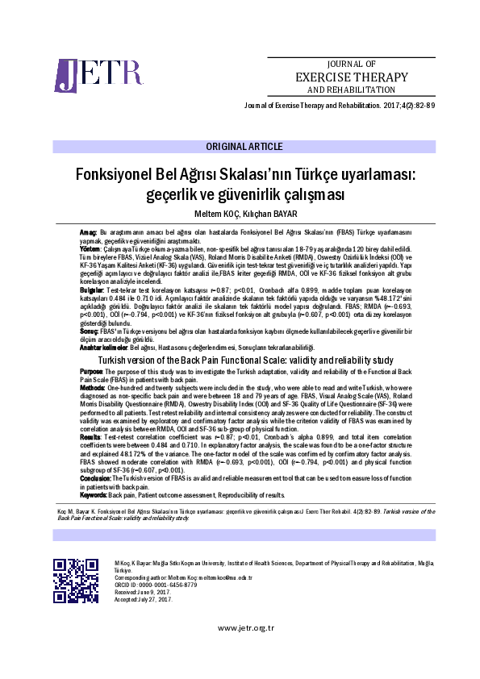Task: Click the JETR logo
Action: click(86, 75)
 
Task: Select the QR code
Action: click(76, 580)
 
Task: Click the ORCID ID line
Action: click(151, 585)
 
